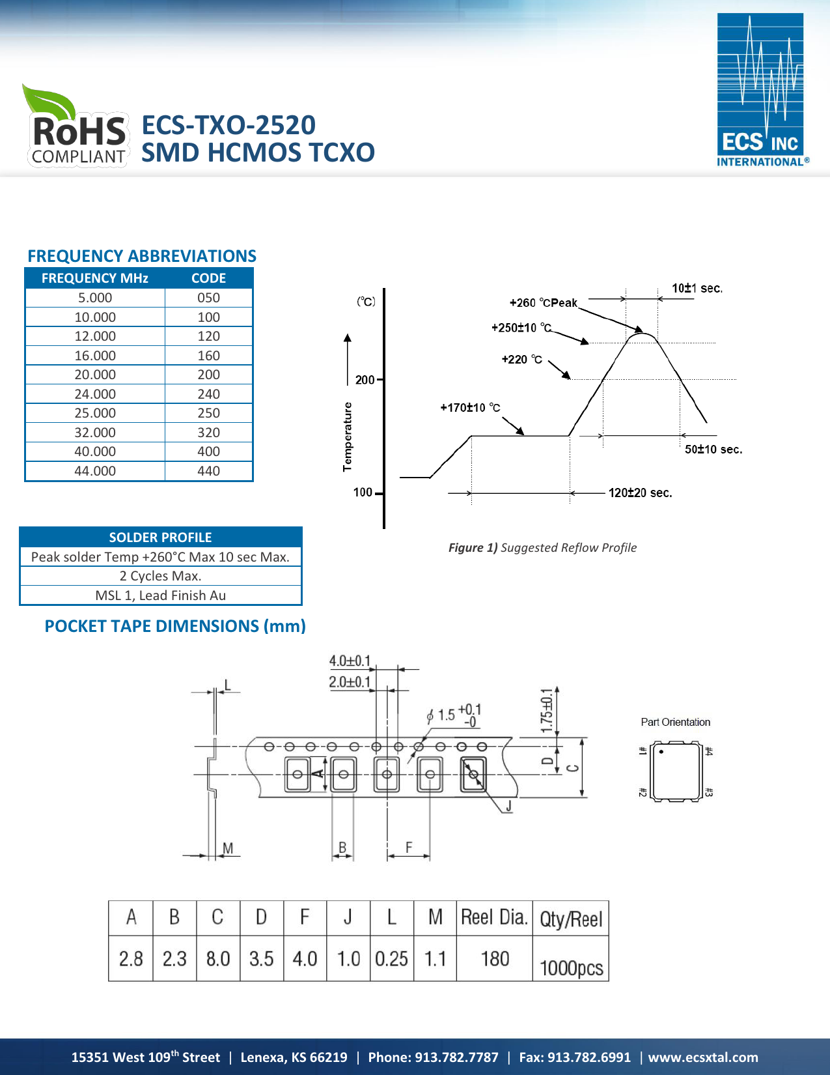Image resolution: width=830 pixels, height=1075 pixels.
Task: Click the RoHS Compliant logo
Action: (x=77, y=128)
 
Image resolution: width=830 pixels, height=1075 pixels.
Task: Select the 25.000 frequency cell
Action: (x=95, y=413)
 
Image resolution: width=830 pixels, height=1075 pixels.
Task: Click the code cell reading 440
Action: (x=208, y=471)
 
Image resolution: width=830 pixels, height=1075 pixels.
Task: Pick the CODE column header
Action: (x=208, y=278)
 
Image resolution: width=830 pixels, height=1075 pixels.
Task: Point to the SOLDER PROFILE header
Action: (x=160, y=537)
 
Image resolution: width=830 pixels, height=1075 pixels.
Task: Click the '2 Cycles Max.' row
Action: (x=160, y=576)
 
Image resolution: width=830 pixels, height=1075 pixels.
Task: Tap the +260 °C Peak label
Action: (x=543, y=303)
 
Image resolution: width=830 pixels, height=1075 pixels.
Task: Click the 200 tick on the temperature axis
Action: (x=365, y=380)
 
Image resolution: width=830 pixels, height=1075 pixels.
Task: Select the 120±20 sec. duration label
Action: (x=640, y=493)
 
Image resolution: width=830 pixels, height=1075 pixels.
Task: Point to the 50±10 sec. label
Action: (x=713, y=450)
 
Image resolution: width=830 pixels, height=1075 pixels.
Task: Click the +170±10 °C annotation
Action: (x=470, y=408)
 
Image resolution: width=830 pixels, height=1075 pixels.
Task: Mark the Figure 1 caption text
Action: (x=542, y=548)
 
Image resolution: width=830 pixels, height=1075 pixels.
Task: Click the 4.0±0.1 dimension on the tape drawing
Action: (x=350, y=661)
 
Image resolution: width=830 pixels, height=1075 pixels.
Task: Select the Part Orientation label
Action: (x=675, y=722)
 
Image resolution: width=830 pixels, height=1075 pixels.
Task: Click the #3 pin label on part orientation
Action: (x=709, y=792)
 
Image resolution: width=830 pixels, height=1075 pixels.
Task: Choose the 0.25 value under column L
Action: (x=391, y=959)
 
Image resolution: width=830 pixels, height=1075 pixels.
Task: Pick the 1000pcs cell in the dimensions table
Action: (x=571, y=968)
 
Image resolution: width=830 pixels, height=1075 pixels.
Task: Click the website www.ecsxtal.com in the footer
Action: (x=703, y=1057)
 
